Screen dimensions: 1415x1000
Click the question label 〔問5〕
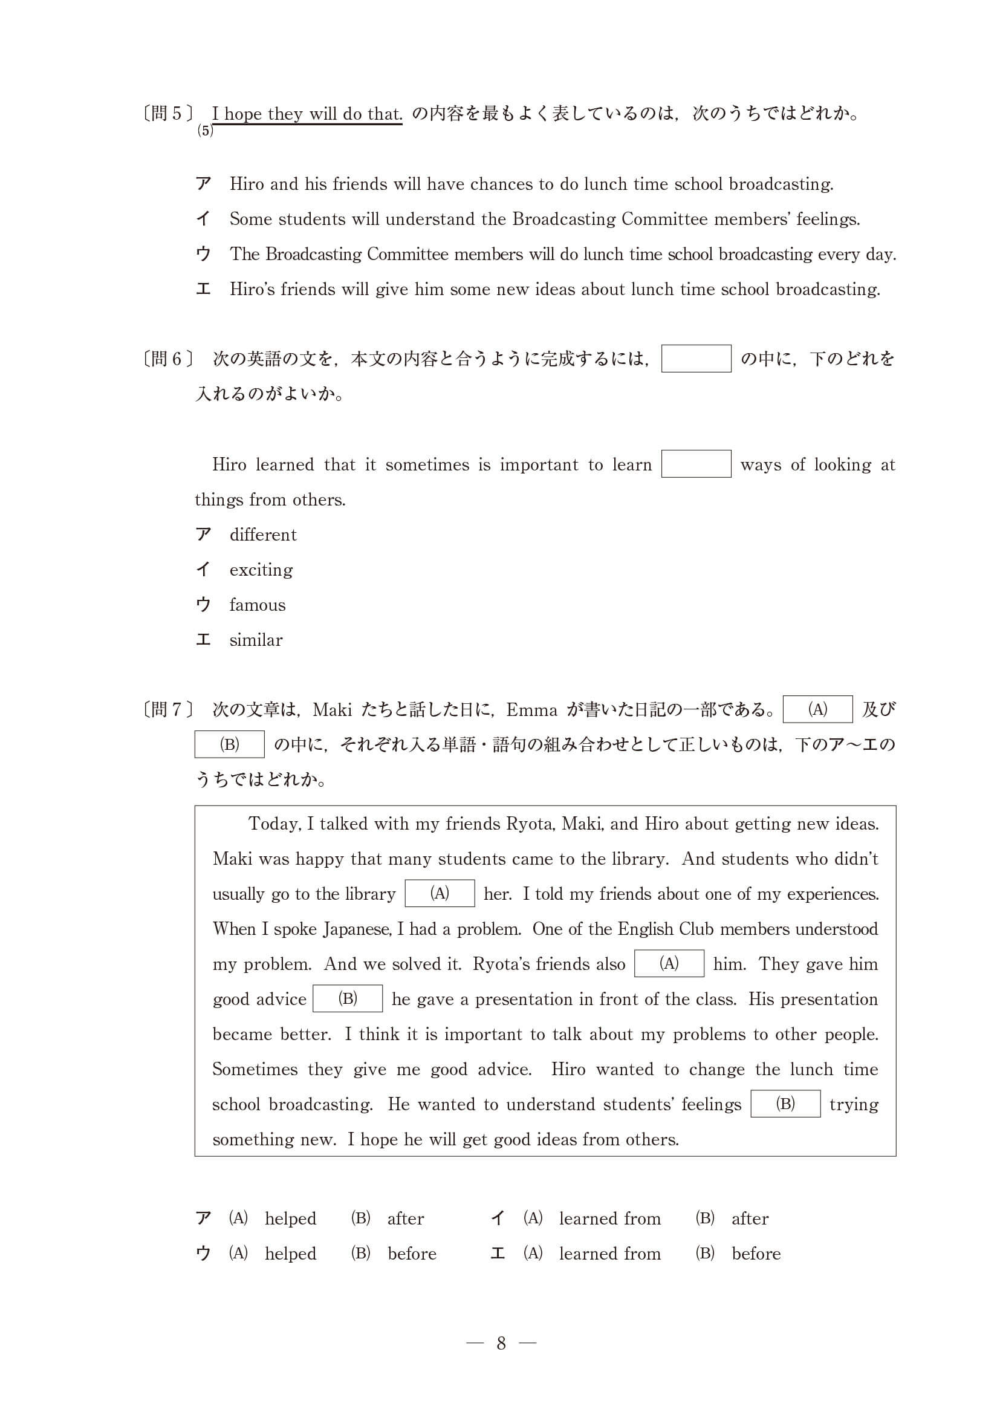167,114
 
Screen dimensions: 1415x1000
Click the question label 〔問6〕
167,359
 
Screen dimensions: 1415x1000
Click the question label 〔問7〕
167,709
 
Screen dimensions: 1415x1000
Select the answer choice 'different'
262,535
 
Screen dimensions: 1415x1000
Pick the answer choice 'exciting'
261,570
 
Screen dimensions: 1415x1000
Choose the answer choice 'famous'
257,605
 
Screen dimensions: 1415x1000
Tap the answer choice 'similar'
256,640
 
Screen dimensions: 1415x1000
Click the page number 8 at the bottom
501,1344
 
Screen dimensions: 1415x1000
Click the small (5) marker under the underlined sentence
205,131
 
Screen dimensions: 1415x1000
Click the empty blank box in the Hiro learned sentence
696,464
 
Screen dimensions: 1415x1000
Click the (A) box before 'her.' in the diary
440,894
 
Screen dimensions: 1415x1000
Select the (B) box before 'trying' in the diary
785,1104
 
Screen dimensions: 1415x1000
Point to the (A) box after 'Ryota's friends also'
669,963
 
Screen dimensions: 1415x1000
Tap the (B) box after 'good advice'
348,998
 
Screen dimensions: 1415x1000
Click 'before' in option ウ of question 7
412,1254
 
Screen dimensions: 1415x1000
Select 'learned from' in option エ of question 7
609,1254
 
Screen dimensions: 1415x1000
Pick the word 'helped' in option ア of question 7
290,1218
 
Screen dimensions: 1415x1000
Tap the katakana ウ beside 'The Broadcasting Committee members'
203,254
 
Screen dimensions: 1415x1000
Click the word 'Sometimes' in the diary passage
255,1069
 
